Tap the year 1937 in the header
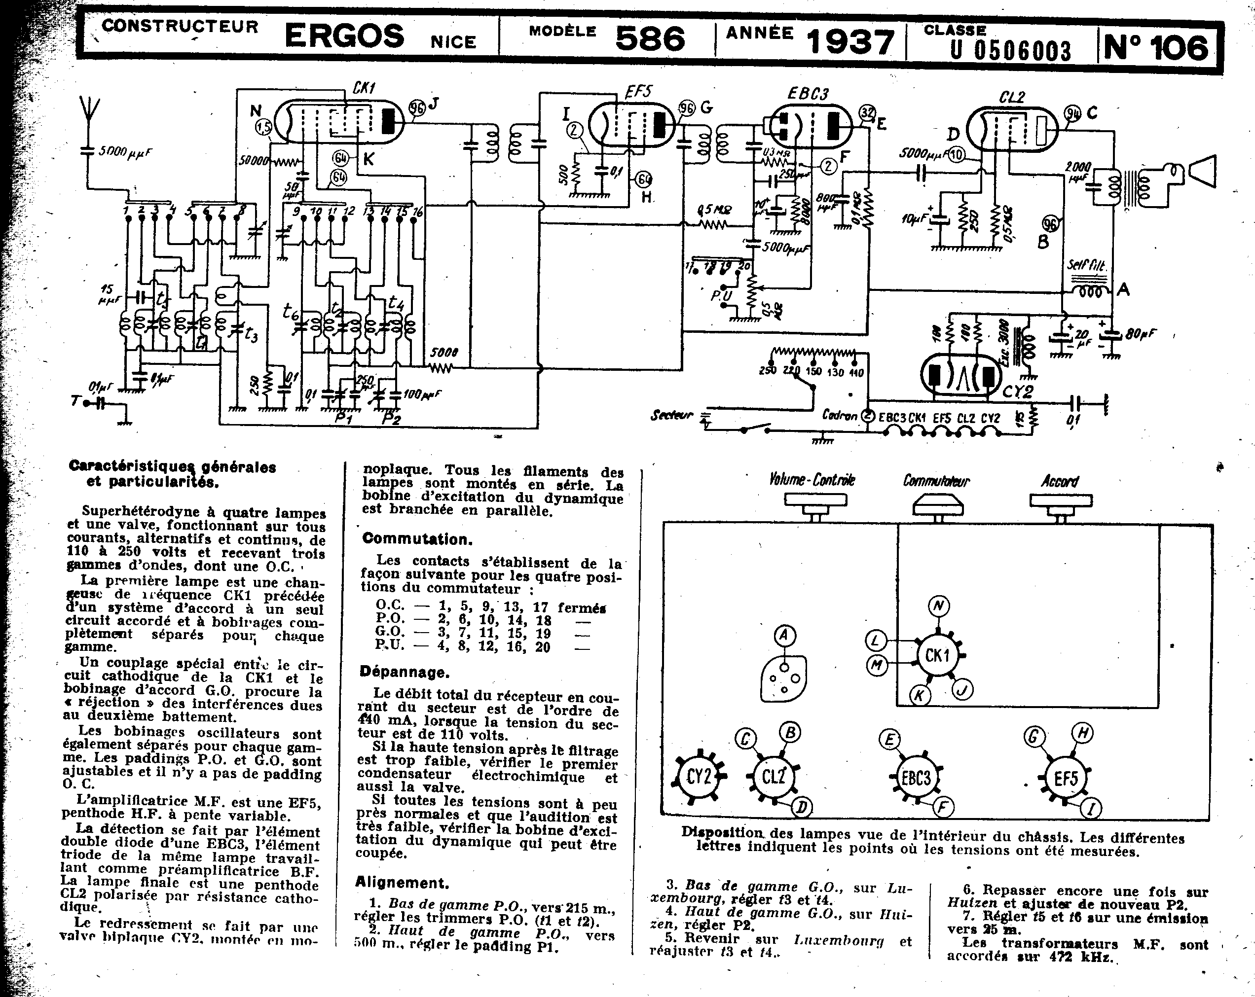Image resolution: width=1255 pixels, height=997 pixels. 850,42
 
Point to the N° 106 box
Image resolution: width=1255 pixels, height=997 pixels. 1155,46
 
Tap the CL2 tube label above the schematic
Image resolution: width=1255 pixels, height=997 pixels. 1012,97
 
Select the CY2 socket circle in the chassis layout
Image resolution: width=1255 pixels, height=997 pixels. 699,776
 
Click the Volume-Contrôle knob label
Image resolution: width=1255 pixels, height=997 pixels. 812,480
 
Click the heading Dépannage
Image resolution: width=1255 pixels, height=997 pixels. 404,673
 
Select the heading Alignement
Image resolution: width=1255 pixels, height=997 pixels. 402,883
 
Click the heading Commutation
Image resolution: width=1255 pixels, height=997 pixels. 417,538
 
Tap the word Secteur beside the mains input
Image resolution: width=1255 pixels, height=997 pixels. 672,415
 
